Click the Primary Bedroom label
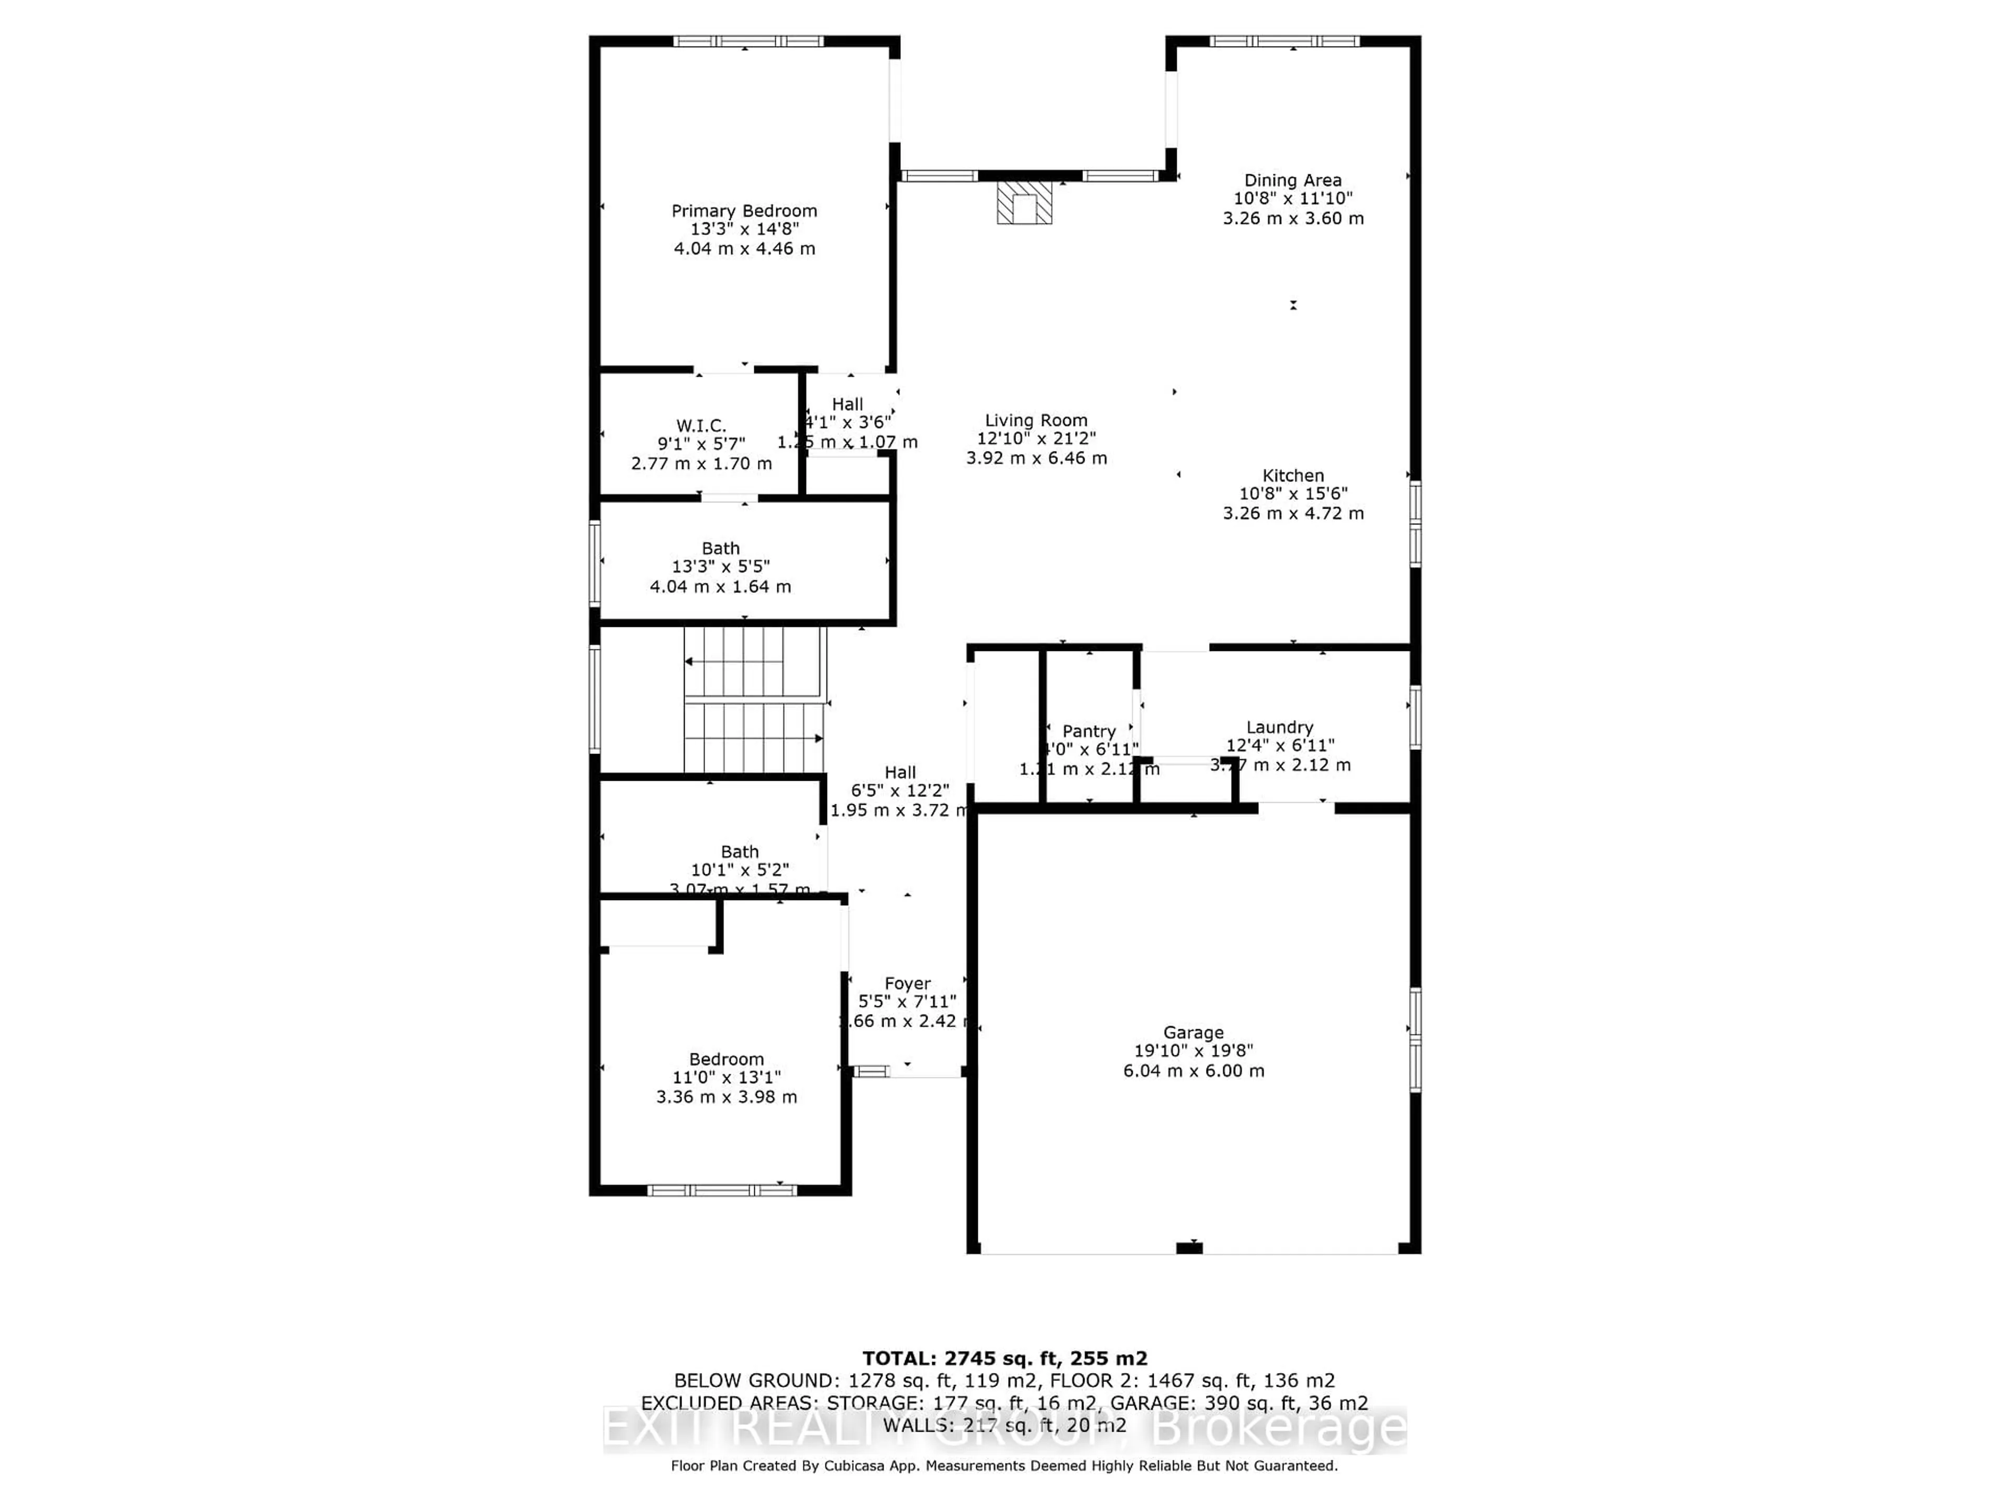(744, 211)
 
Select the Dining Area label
(1292, 181)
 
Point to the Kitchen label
(1292, 475)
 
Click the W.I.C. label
(700, 425)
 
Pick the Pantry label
(1089, 731)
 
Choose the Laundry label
(1279, 727)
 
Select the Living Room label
(1036, 421)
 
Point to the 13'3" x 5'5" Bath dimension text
(721, 567)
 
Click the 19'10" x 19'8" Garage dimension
(1193, 1051)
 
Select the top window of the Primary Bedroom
(748, 41)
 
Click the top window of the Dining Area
(1284, 41)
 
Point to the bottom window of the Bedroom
(721, 1190)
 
